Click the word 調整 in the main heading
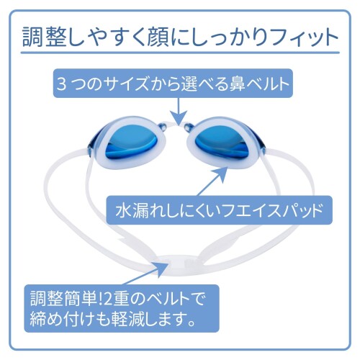[x=45, y=37]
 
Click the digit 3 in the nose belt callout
[x=61, y=84]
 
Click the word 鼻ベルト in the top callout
[x=259, y=84]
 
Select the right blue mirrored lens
[x=221, y=144]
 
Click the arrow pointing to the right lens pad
[x=215, y=181]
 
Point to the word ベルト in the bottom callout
[x=166, y=300]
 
